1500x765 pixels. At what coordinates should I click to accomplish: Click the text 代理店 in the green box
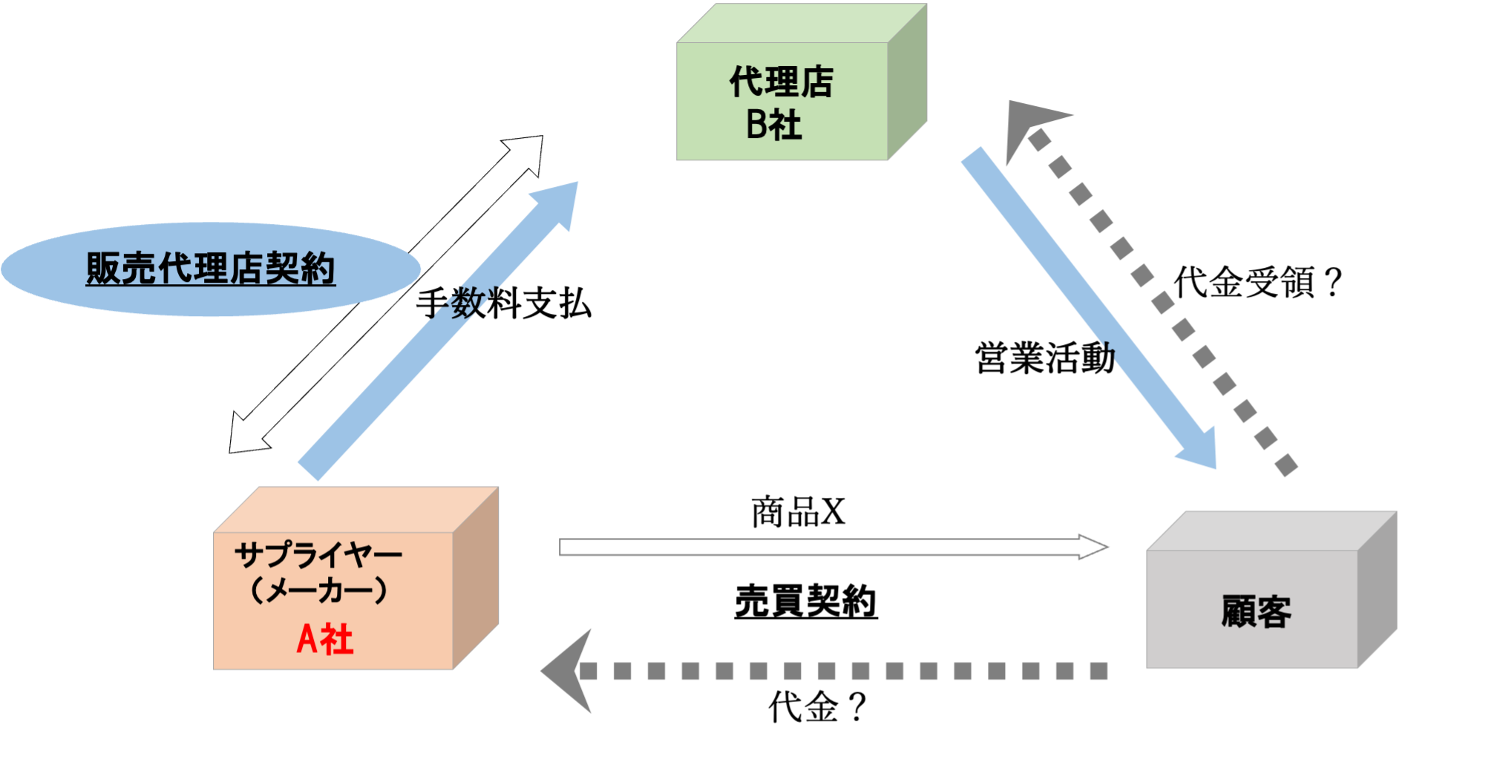781,82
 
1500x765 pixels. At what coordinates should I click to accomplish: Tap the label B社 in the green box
773,125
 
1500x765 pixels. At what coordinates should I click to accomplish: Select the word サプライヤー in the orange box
318,555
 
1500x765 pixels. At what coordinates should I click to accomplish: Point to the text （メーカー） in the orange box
318,591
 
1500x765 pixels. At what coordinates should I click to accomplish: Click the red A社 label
325,639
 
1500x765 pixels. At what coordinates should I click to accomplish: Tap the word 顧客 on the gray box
1256,612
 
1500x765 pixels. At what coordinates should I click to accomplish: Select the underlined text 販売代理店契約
211,269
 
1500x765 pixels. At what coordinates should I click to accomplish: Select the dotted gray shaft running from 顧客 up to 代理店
1162,301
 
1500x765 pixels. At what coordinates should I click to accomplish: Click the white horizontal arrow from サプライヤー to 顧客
816,548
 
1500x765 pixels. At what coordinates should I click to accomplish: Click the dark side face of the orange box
476,579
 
